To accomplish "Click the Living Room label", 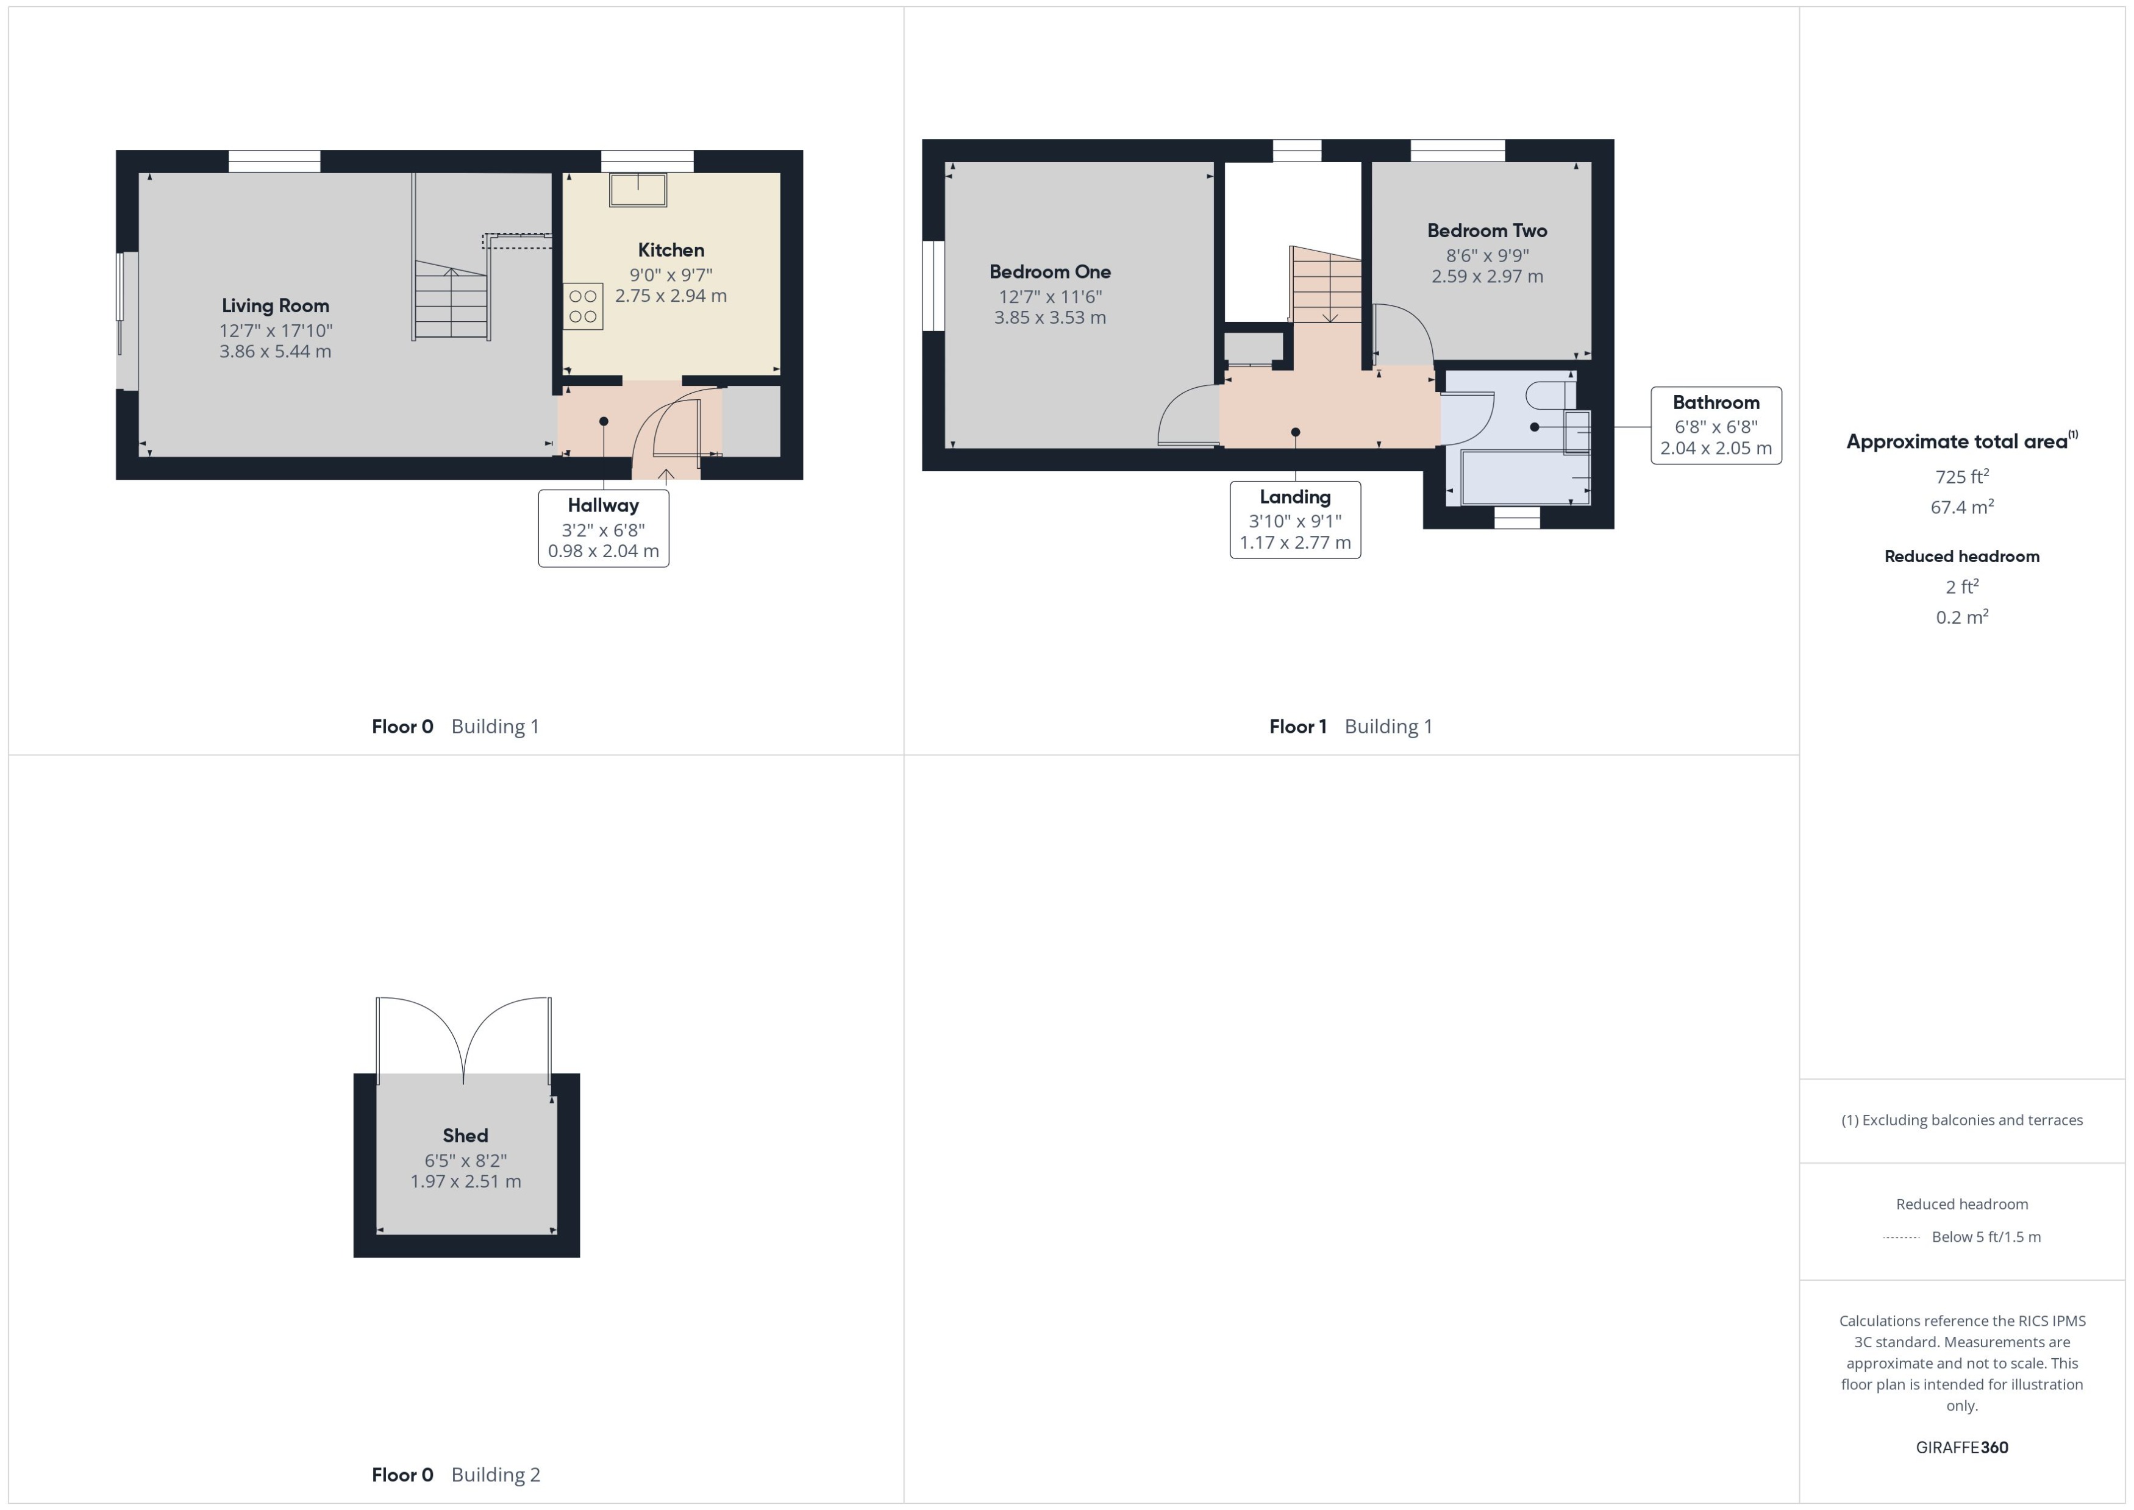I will click(275, 306).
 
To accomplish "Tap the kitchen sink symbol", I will click(638, 190).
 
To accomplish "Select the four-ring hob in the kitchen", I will click(583, 307).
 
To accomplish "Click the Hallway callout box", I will click(604, 528).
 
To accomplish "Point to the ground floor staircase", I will click(451, 299).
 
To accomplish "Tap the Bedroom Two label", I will click(1487, 230).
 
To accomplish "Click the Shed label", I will click(465, 1135).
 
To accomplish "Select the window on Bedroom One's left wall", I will click(933, 285).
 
